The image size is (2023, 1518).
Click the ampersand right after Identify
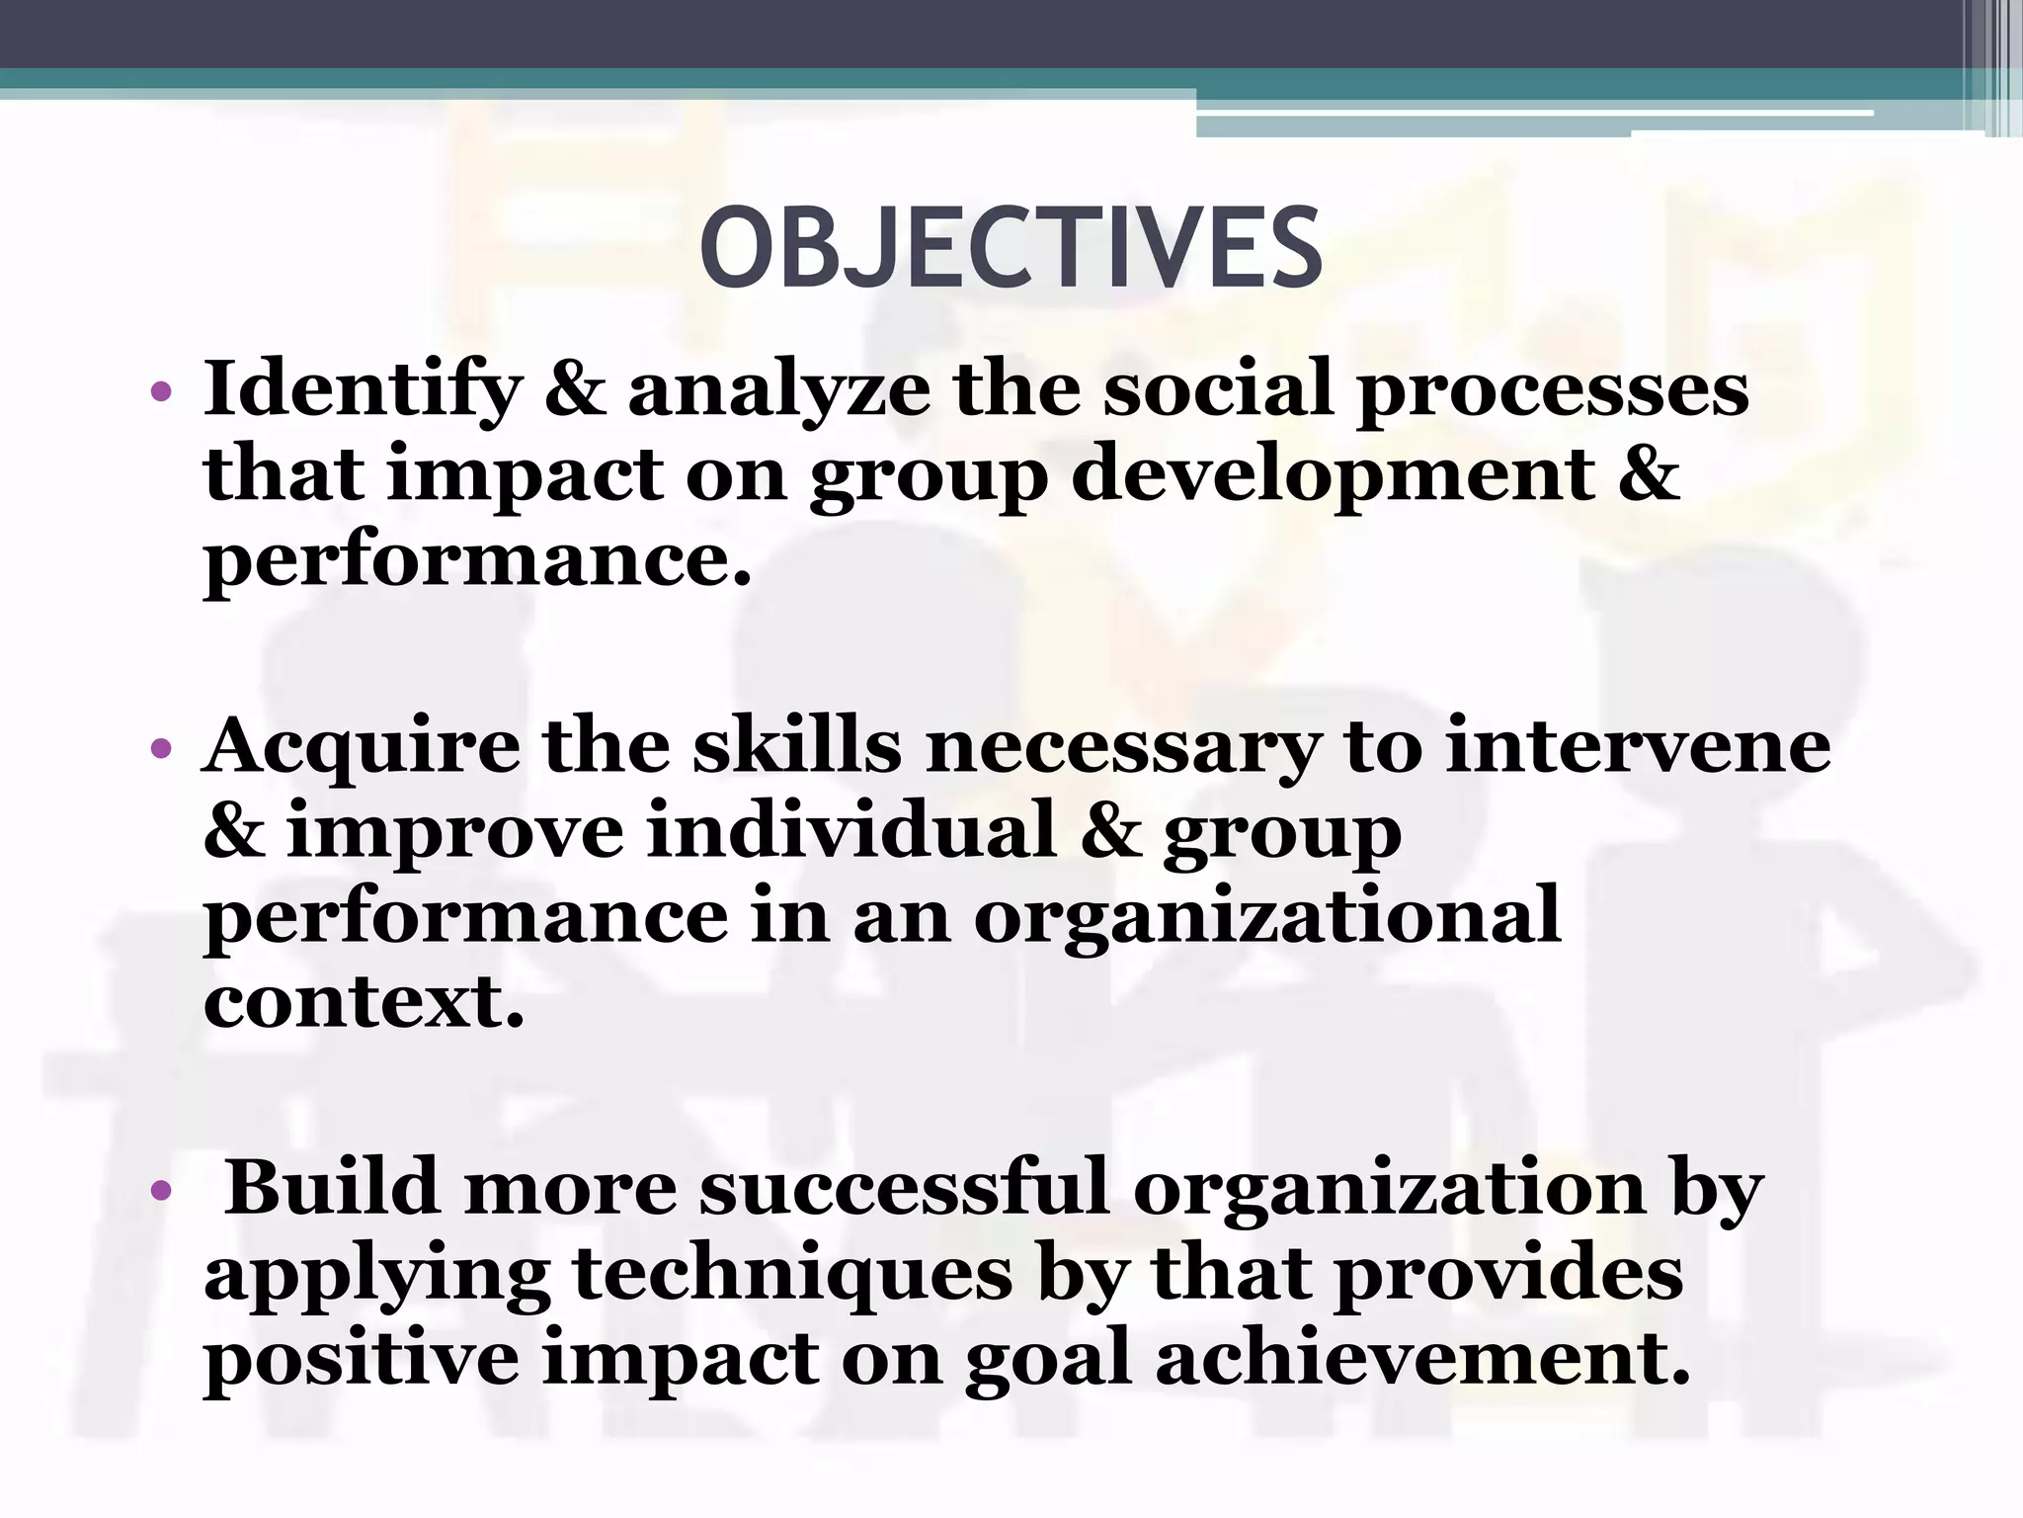pos(575,388)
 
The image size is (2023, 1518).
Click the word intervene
pos(1638,746)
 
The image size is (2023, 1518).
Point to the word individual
pos(851,831)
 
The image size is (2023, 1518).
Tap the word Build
pos(332,1187)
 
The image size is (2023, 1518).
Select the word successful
pos(904,1187)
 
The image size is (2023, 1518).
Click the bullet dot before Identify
pos(162,392)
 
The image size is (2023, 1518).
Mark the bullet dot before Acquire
pos(162,749)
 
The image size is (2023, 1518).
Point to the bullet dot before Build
pos(162,1190)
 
